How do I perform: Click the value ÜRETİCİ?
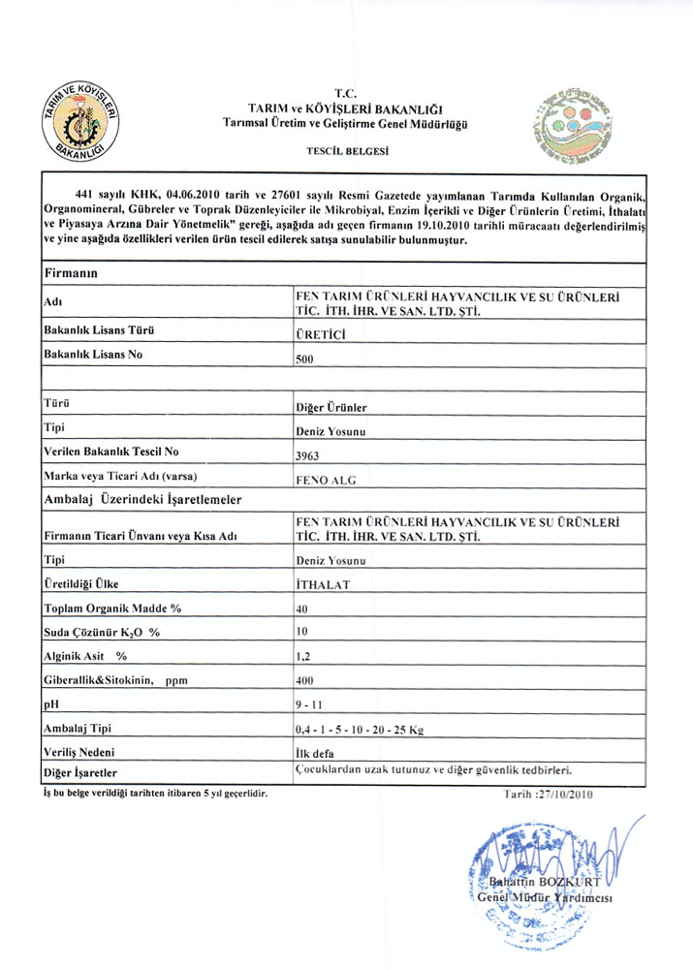320,333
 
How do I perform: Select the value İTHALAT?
323,585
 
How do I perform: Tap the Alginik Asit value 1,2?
302,657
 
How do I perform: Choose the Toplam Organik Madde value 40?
303,610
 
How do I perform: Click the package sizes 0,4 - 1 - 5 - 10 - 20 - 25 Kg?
358,728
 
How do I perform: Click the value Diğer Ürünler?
331,407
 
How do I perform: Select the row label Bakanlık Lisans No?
94,355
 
